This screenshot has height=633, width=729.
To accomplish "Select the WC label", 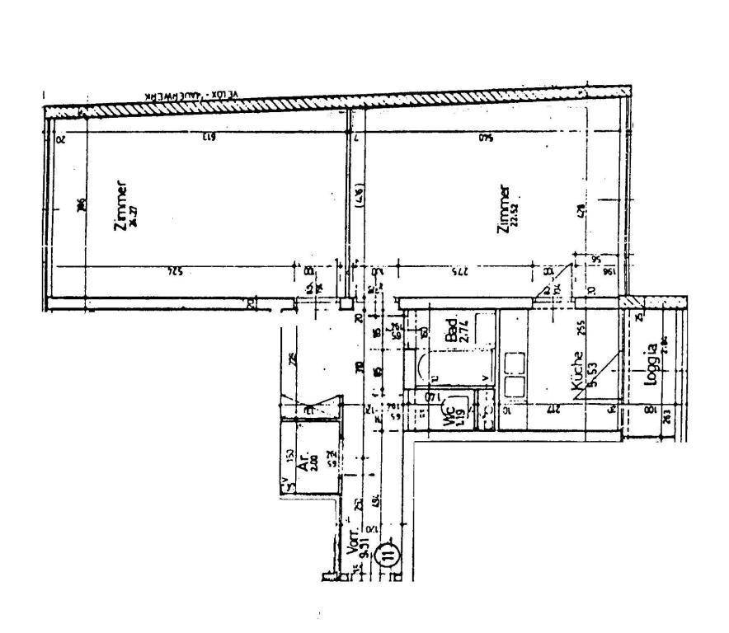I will pos(450,415).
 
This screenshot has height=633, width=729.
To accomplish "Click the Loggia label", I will pos(652,363).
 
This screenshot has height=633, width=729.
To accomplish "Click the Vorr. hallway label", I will pos(357,551).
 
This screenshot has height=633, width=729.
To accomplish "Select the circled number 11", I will pos(385,553).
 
